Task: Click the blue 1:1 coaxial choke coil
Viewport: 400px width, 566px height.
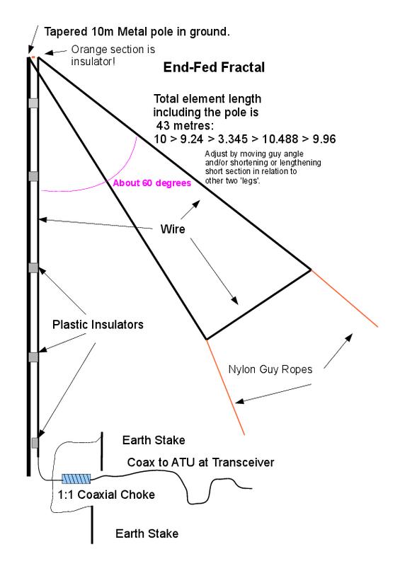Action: click(76, 479)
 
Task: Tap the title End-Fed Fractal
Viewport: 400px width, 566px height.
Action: click(214, 67)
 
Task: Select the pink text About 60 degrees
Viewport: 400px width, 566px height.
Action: click(152, 183)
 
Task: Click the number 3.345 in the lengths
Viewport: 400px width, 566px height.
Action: click(233, 139)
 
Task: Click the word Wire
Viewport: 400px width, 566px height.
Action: click(173, 229)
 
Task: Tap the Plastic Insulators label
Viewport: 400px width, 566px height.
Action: click(98, 325)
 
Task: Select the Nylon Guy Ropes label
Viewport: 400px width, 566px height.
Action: click(270, 369)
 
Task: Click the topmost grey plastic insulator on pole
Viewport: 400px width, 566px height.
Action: click(33, 103)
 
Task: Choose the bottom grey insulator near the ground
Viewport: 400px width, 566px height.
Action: click(35, 443)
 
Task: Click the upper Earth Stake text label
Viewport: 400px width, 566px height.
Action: click(154, 440)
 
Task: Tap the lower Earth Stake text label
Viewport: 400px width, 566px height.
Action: click(147, 533)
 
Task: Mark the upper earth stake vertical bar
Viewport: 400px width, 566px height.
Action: click(102, 451)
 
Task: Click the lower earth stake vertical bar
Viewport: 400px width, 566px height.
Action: click(92, 524)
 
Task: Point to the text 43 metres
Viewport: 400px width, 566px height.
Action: click(185, 126)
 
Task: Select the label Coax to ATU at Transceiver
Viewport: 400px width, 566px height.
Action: click(200, 463)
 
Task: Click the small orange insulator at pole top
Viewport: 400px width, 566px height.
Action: click(33, 57)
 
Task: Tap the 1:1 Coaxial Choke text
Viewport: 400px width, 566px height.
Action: click(106, 495)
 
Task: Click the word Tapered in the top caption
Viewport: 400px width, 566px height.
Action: click(65, 32)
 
